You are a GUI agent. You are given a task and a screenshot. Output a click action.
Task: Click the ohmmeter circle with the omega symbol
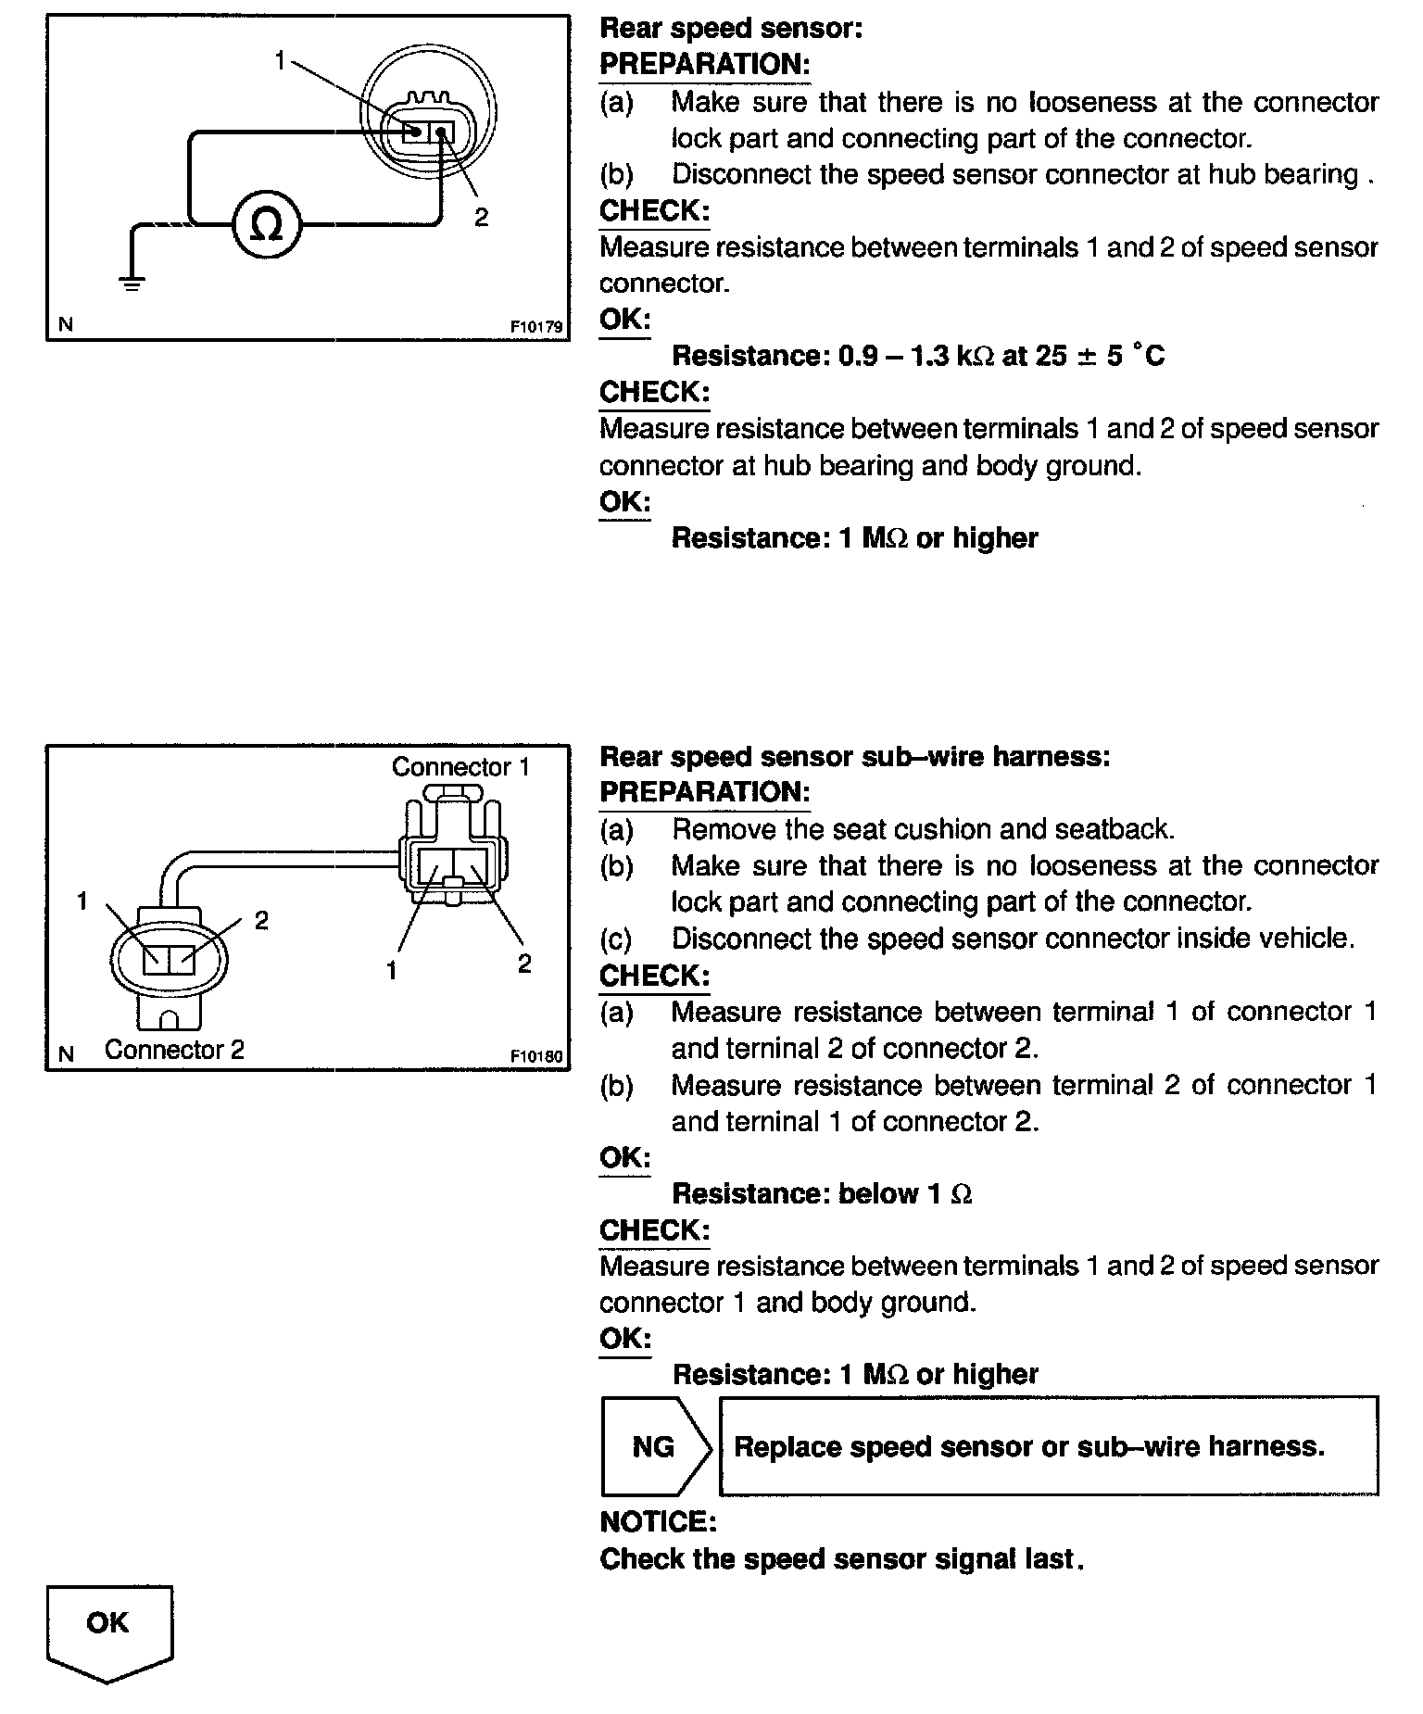coord(267,225)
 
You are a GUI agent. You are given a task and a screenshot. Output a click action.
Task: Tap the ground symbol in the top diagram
coord(133,280)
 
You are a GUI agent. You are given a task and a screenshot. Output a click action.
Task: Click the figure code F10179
coord(536,327)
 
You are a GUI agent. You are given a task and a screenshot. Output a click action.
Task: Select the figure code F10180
coord(536,1056)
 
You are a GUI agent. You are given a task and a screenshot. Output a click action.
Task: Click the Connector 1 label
coord(460,767)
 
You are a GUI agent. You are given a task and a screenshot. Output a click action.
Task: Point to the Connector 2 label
coord(174,1050)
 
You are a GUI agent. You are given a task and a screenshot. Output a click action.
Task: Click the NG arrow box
coord(654,1446)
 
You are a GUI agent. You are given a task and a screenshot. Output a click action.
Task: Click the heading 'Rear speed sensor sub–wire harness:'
coord(854,757)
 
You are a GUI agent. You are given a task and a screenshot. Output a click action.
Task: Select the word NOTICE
coord(658,1522)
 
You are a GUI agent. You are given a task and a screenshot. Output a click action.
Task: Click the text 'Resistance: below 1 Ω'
coord(822,1194)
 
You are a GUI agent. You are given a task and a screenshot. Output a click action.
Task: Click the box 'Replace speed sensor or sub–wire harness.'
coord(1048,1446)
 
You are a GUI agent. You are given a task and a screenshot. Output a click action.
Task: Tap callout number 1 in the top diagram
coord(280,61)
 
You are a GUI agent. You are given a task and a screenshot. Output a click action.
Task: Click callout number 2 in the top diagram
coord(481,218)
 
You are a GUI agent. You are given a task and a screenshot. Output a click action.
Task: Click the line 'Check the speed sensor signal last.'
coord(842,1559)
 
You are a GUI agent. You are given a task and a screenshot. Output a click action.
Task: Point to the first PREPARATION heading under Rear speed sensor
coord(704,65)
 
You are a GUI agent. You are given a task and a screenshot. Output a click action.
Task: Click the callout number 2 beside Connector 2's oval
coord(261,920)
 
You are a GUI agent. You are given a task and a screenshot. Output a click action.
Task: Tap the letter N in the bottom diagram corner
coord(66,1054)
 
